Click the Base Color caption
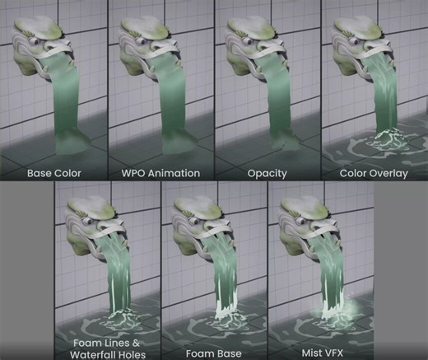(x=53, y=174)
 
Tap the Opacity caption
(x=266, y=174)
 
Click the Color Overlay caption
(x=374, y=174)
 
